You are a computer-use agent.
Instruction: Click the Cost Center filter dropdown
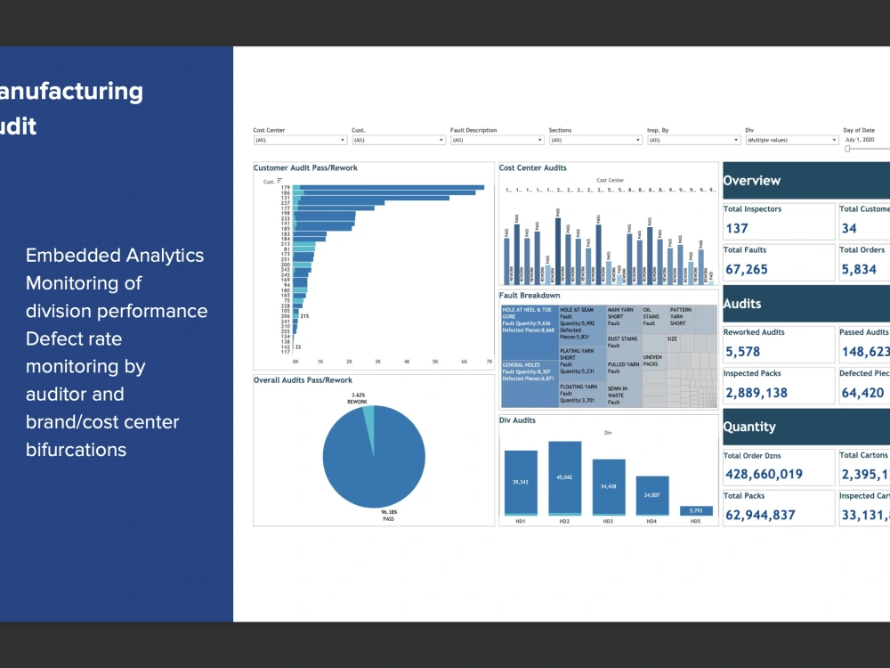pos(299,140)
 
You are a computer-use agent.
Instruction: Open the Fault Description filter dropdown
pos(497,140)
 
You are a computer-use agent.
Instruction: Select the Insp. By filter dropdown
pos(693,140)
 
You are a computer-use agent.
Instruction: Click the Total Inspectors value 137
pos(737,229)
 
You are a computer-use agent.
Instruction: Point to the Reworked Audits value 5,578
pos(742,352)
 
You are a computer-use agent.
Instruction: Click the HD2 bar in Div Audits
pos(564,477)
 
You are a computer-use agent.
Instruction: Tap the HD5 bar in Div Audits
pos(696,510)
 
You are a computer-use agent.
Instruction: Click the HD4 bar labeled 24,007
pos(651,495)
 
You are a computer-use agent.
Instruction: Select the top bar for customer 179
pos(389,187)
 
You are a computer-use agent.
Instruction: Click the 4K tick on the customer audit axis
pos(407,363)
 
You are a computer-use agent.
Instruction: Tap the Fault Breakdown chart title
pos(530,296)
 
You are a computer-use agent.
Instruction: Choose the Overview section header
pos(752,181)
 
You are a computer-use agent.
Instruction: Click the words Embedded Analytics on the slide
pos(115,256)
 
